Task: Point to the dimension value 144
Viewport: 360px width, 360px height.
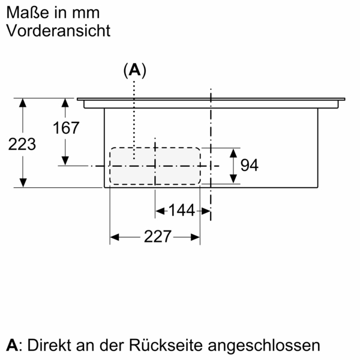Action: point(181,211)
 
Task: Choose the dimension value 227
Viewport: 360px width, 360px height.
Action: point(157,236)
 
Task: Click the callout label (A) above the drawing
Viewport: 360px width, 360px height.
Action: point(135,70)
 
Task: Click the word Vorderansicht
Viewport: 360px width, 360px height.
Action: point(58,31)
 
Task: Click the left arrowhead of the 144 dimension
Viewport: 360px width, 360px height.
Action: point(160,211)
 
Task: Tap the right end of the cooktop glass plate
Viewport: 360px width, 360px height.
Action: point(344,100)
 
